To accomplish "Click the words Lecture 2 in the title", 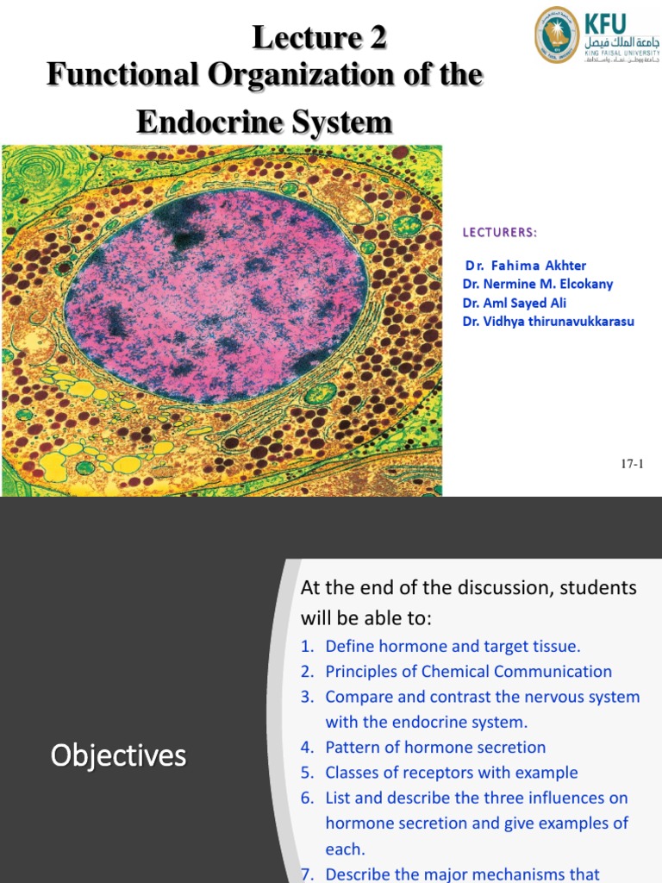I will pos(319,38).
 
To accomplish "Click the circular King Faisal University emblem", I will pos(557,35).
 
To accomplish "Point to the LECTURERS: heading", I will pos(500,232).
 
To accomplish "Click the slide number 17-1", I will pos(633,465).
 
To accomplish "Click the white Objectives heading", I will pos(118,756).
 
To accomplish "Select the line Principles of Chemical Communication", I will pos(468,671).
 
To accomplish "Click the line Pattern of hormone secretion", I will pos(435,747).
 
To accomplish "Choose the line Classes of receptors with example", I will pos(451,773).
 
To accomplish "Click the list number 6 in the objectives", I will pos(308,798).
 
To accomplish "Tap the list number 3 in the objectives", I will pos(308,697).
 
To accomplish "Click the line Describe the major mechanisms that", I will pos(462,874).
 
